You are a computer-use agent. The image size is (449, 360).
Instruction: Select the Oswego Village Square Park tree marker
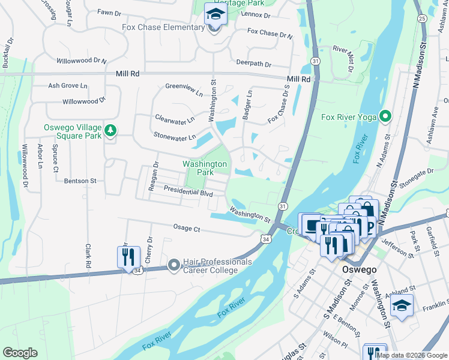pyautogui.click(x=110, y=130)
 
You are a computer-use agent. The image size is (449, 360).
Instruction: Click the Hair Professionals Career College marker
pyautogui.click(x=174, y=264)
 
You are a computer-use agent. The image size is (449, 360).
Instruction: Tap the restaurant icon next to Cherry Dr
pyautogui.click(x=128, y=258)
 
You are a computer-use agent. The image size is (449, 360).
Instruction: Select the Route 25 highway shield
pyautogui.click(x=423, y=19)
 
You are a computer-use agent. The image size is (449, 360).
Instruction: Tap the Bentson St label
pyautogui.click(x=80, y=181)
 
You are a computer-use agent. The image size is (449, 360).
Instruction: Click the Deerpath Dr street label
pyautogui.click(x=254, y=64)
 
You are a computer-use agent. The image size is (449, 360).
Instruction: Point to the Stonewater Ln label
pyautogui.click(x=175, y=137)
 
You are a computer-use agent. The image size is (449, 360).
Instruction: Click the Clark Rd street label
pyautogui.click(x=88, y=256)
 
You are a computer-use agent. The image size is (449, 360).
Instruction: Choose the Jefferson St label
pyautogui.click(x=398, y=247)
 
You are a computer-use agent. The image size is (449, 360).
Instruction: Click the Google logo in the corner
pyautogui.click(x=20, y=353)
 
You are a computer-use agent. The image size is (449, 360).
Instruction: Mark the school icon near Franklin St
pyautogui.click(x=402, y=305)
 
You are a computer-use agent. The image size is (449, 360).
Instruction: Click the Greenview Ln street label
pyautogui.click(x=184, y=90)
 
